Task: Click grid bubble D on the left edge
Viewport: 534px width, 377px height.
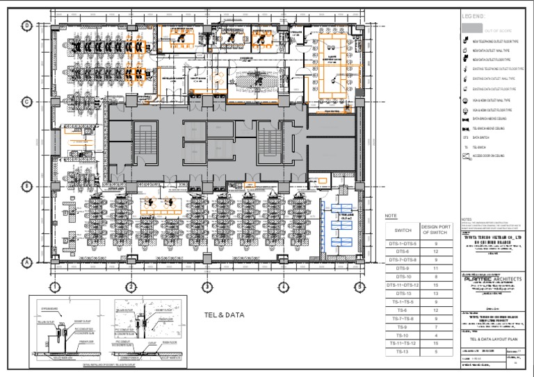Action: click(27, 26)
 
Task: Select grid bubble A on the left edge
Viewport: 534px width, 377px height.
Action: click(27, 262)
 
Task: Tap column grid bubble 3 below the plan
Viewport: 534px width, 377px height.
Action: click(207, 287)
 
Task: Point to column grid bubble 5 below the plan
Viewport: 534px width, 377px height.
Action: click(359, 287)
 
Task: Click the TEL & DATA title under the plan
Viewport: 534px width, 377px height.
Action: click(225, 315)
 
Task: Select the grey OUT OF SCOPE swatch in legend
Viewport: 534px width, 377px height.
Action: click(472, 28)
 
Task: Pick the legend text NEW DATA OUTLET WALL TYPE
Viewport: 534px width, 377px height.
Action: click(491, 51)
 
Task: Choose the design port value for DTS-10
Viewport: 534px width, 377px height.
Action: click(435, 276)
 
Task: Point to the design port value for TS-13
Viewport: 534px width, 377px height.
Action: click(435, 352)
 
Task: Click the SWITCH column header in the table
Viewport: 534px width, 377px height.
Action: click(403, 230)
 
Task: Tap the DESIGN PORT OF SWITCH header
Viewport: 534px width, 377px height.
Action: click(435, 230)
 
